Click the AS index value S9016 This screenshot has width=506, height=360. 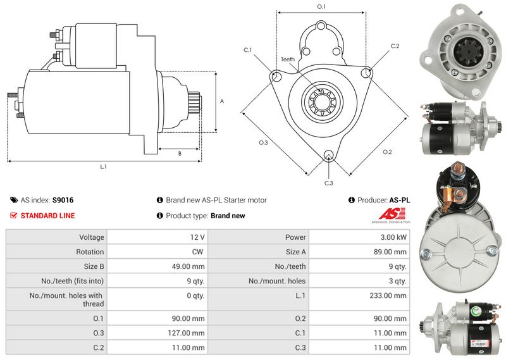(x=63, y=200)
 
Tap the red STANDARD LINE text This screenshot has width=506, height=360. (x=47, y=216)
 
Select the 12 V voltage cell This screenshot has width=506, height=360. (x=197, y=237)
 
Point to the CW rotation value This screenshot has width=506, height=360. (x=198, y=252)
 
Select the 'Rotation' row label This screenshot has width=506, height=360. (x=90, y=252)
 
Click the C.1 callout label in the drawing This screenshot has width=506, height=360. (x=248, y=49)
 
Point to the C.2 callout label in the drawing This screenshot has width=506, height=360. (x=395, y=46)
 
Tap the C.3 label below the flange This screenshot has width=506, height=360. (x=328, y=183)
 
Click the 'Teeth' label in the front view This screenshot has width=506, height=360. (x=288, y=59)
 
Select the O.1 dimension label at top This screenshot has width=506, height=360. (x=321, y=6)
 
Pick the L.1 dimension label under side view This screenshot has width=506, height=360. (x=103, y=167)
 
